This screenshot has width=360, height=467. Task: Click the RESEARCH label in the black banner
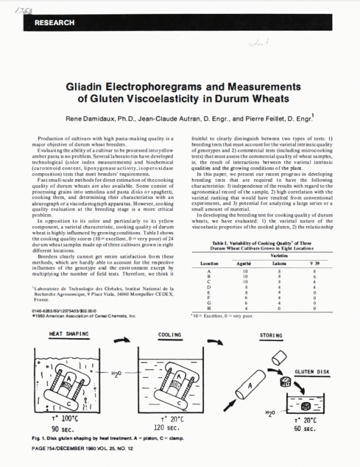[x=55, y=23]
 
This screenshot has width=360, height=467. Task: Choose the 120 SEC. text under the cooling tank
[x=171, y=429]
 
